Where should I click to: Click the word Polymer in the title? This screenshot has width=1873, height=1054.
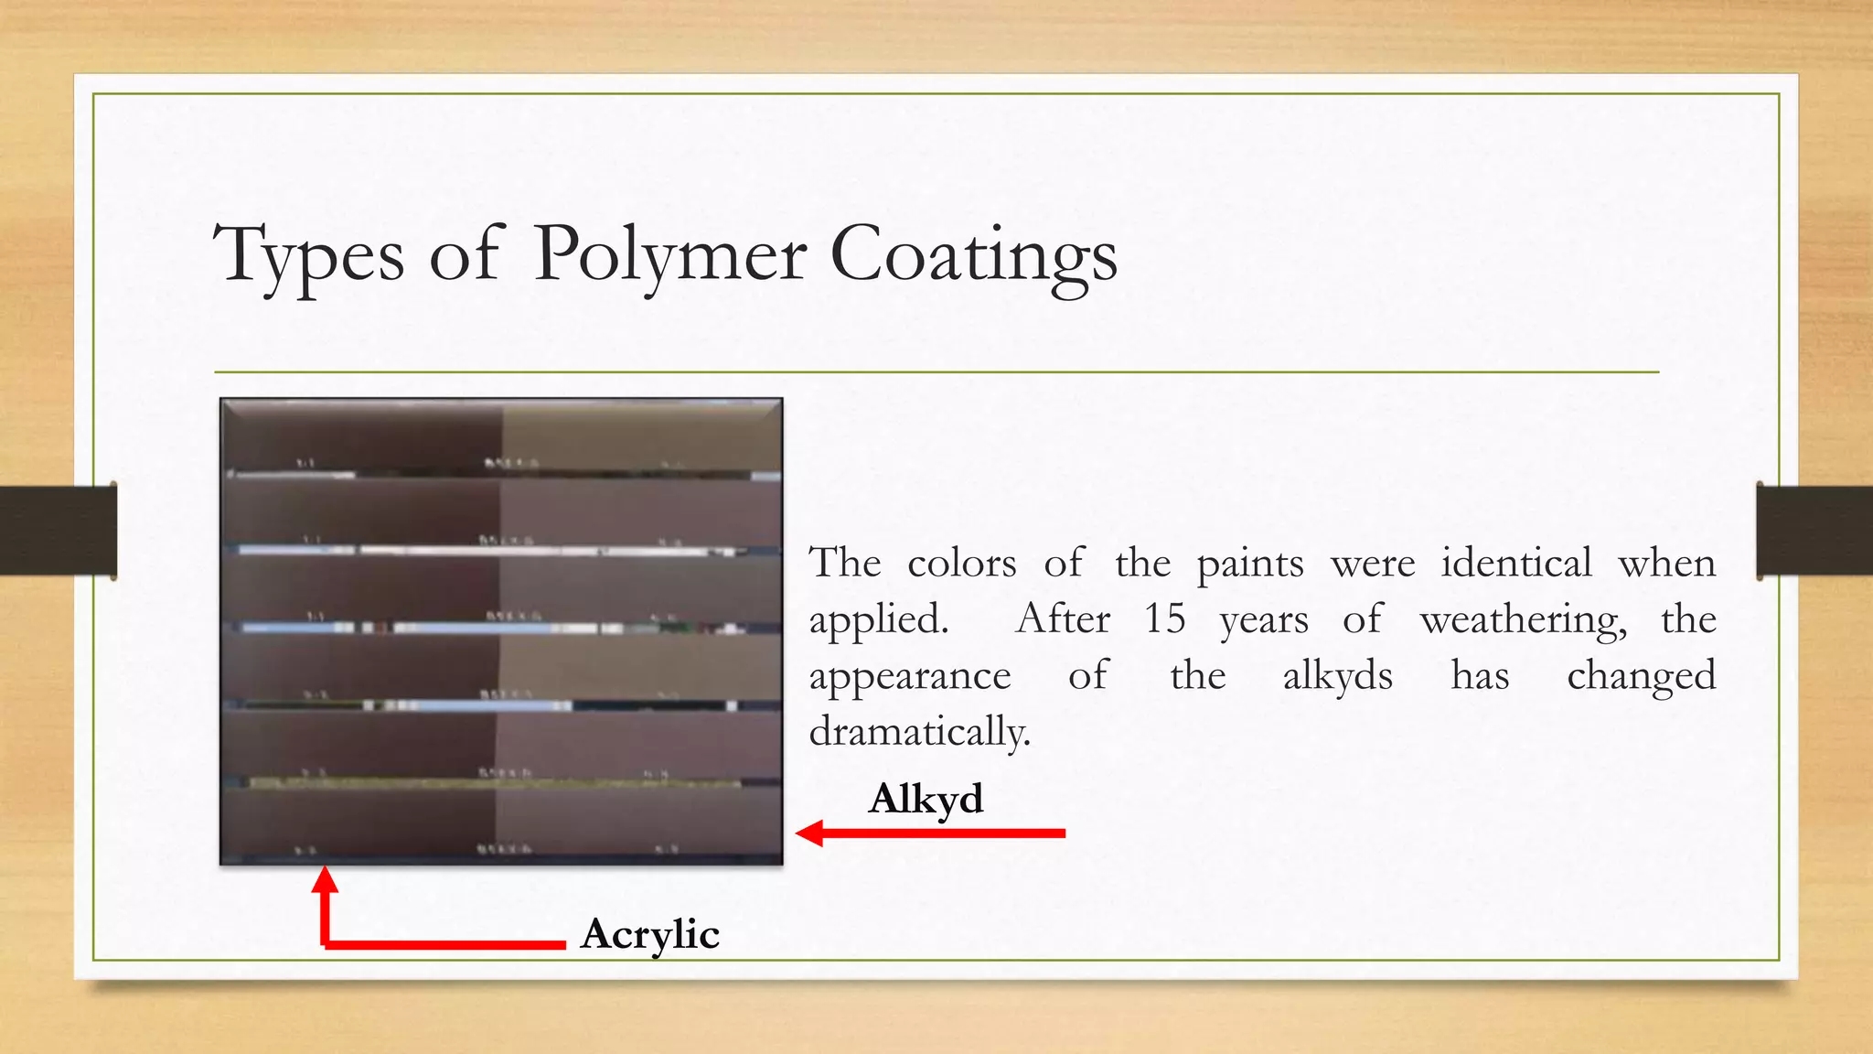point(669,254)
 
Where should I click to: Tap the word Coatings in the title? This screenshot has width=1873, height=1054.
point(973,254)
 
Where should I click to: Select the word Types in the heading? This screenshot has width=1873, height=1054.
point(308,254)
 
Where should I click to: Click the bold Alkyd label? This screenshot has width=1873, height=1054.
point(926,799)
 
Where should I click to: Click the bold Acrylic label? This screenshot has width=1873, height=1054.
point(649,934)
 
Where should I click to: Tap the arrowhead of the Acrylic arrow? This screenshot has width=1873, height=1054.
point(325,879)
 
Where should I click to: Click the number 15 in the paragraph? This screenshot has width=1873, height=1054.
point(1164,619)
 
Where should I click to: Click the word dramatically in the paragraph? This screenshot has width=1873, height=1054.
point(919,732)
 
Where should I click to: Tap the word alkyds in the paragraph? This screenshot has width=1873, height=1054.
point(1337,676)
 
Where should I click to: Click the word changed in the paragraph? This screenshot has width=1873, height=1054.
point(1641,676)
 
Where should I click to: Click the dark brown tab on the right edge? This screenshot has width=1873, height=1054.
point(1814,530)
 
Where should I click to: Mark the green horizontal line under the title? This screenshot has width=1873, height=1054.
point(936,372)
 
